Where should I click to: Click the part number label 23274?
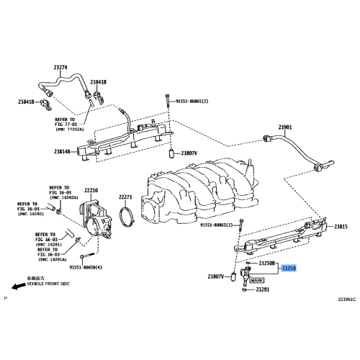pyautogui.click(x=60, y=68)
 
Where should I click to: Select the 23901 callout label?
pyautogui.click(x=285, y=127)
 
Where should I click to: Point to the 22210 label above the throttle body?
pyautogui.click(x=90, y=191)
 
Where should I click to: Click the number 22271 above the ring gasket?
pyautogui.click(x=125, y=197)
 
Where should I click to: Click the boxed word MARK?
pyautogui.click(x=257, y=274)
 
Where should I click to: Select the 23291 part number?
pyautogui.click(x=261, y=290)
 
